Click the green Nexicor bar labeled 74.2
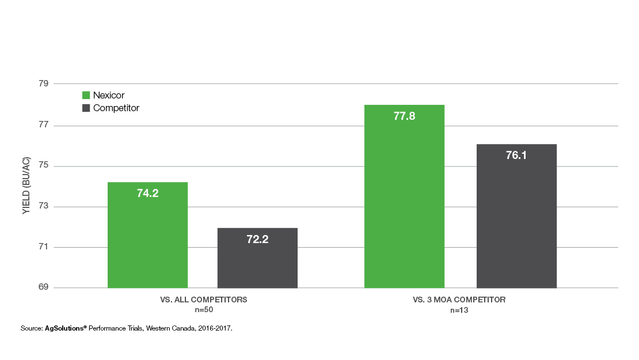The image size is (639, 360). (x=147, y=235)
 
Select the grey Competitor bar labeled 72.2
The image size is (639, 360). (x=257, y=258)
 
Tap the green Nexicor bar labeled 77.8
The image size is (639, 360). (x=404, y=196)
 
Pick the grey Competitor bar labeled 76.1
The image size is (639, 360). (x=516, y=216)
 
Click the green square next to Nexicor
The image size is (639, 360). (x=86, y=95)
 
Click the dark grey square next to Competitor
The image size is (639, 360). (x=86, y=108)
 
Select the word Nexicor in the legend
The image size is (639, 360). (x=109, y=95)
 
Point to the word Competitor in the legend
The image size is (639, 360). (x=116, y=108)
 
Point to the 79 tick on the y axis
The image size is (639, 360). (x=43, y=84)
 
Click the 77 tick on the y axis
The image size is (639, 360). (x=43, y=126)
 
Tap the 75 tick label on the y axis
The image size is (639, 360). (x=43, y=166)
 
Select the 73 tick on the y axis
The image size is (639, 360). (x=43, y=207)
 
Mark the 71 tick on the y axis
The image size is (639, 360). (x=43, y=248)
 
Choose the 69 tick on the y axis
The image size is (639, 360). (x=43, y=288)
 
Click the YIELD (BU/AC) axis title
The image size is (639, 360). (x=26, y=186)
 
